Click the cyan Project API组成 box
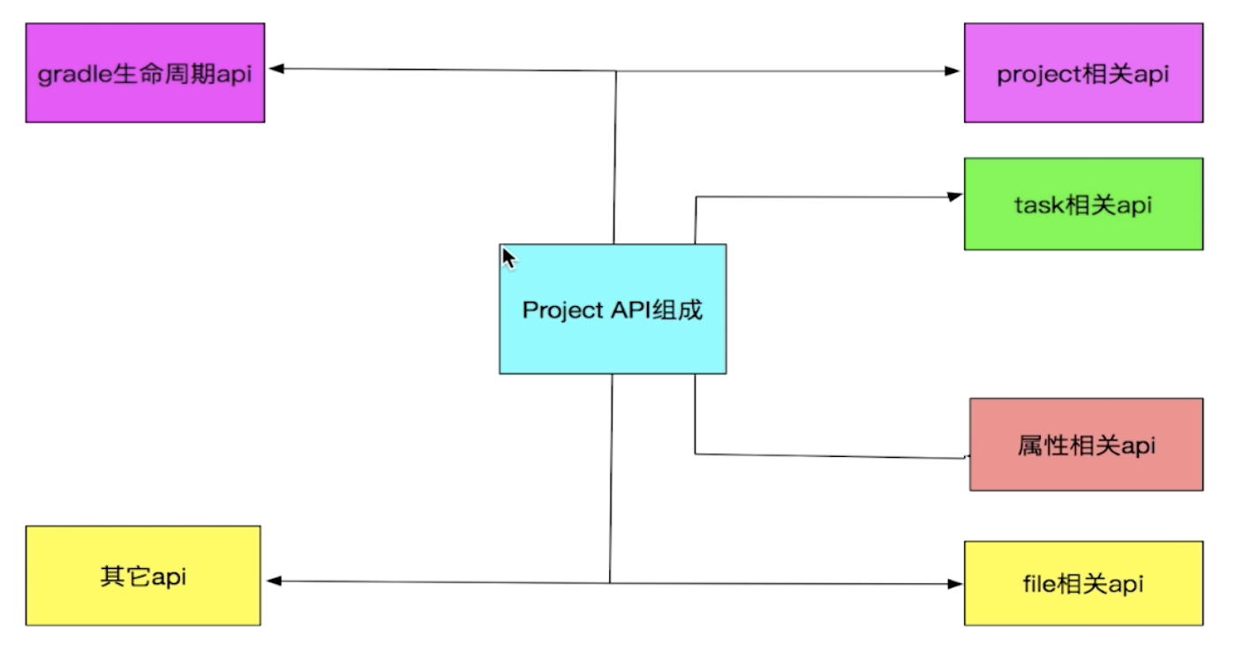(x=613, y=309)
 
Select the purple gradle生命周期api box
(x=145, y=73)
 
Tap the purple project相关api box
(x=1083, y=73)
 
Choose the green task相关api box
(x=1083, y=204)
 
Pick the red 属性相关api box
(x=1086, y=444)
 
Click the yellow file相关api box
(x=1083, y=583)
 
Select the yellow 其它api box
(x=143, y=575)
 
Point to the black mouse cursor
(x=508, y=258)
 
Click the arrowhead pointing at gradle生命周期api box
(x=275, y=69)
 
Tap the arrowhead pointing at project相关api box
(x=953, y=71)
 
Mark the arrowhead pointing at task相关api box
(x=954, y=197)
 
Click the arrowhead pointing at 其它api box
(x=274, y=580)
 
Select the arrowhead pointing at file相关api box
(x=954, y=583)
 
